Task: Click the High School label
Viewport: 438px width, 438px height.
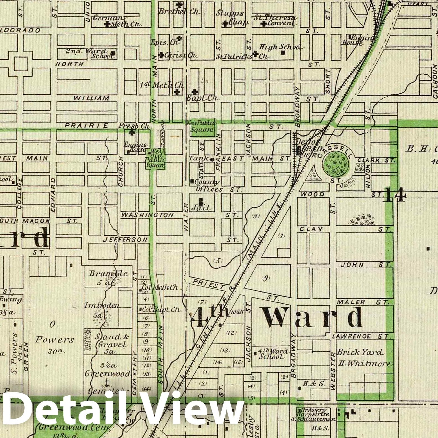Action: [279, 47]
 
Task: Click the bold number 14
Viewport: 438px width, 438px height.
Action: [395, 195]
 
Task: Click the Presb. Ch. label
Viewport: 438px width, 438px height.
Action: [135, 126]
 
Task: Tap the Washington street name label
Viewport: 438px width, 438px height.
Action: [148, 215]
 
